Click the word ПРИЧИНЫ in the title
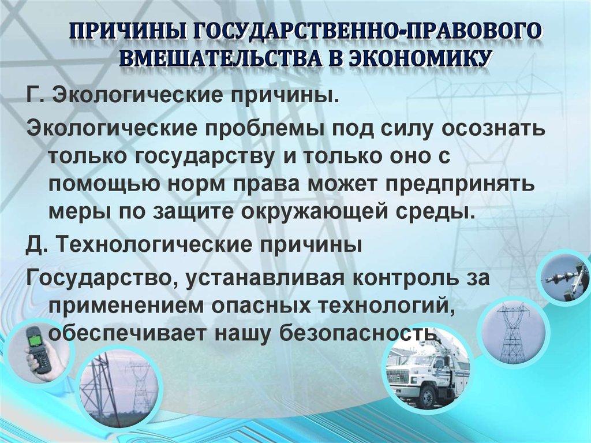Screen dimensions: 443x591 pyautogui.click(x=132, y=33)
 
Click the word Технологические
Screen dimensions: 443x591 pyautogui.click(x=160, y=245)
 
